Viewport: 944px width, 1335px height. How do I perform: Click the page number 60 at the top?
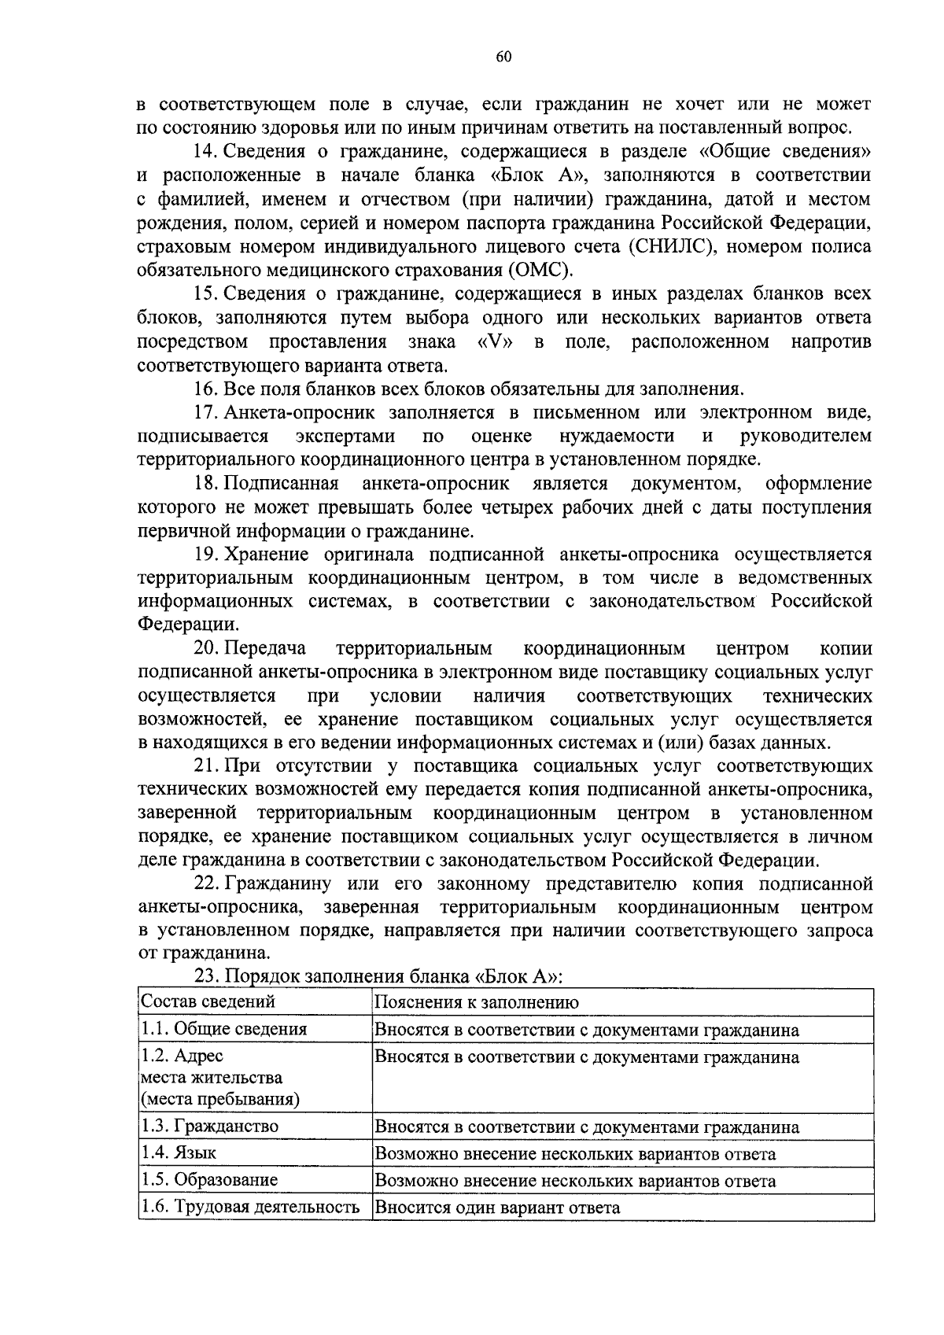[x=504, y=56]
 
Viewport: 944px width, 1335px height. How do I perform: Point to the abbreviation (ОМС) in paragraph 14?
[x=540, y=271]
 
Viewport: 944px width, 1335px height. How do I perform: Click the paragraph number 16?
[x=205, y=389]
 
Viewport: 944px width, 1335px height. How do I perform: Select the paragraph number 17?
[x=205, y=412]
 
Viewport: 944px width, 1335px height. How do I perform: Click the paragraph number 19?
[x=205, y=555]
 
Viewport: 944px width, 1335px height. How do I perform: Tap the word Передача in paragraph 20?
[x=265, y=649]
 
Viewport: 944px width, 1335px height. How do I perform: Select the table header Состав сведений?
[x=208, y=1002]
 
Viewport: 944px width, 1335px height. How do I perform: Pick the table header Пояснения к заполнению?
[x=477, y=1002]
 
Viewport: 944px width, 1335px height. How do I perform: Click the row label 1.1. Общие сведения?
[x=224, y=1029]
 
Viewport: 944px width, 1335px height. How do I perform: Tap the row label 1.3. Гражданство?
[x=210, y=1127]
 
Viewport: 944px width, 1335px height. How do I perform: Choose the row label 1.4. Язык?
[x=179, y=1153]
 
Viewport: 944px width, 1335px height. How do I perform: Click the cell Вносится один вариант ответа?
[x=497, y=1207]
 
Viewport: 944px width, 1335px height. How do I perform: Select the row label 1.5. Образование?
[x=210, y=1180]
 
